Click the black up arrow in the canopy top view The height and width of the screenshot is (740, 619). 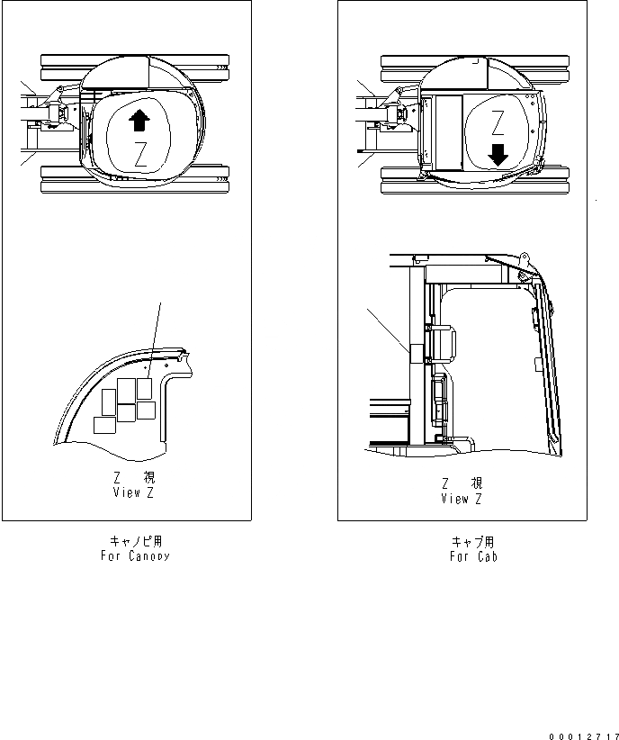tap(138, 120)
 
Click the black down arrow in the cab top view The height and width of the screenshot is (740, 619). tap(498, 156)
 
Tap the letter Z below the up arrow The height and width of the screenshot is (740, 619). tap(139, 153)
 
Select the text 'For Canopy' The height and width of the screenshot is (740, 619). tap(136, 556)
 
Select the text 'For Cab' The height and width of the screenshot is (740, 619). tap(473, 556)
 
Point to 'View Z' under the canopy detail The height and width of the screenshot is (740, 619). tap(134, 493)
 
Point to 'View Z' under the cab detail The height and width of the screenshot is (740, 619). tap(462, 499)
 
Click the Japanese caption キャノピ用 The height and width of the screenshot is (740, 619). tap(136, 542)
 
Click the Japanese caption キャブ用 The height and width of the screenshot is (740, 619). tap(473, 542)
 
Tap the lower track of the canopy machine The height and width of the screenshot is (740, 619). tap(135, 179)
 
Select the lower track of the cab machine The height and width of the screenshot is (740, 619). tap(477, 179)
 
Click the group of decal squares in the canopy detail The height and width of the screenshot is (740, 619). tap(124, 403)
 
